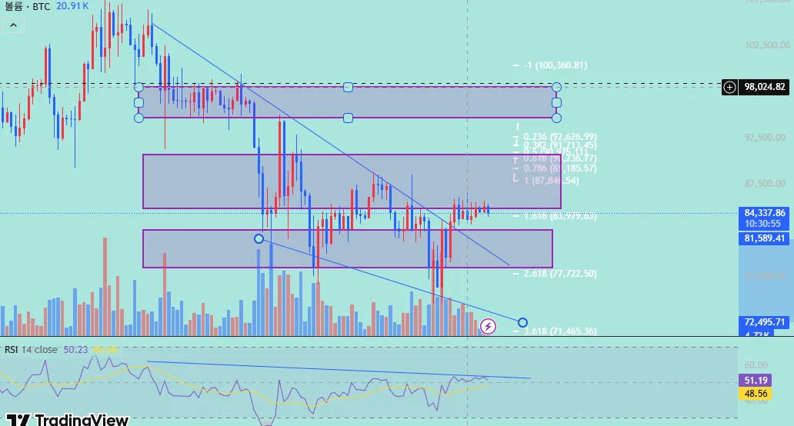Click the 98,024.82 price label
pos(765,87)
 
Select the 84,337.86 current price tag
pos(765,212)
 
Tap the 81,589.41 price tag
pos(765,238)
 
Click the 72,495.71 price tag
pos(765,321)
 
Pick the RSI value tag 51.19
pos(754,380)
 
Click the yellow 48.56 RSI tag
pos(754,394)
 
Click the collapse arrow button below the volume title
pos(13,25)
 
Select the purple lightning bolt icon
pos(488,327)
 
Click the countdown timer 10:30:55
pos(765,223)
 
